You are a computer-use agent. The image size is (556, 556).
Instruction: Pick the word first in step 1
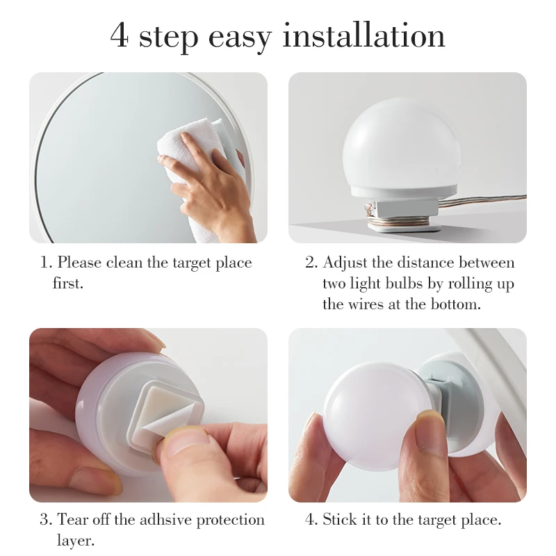point(67,284)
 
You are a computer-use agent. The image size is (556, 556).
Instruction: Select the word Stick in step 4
point(338,520)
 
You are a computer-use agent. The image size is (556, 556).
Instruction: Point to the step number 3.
point(44,520)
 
